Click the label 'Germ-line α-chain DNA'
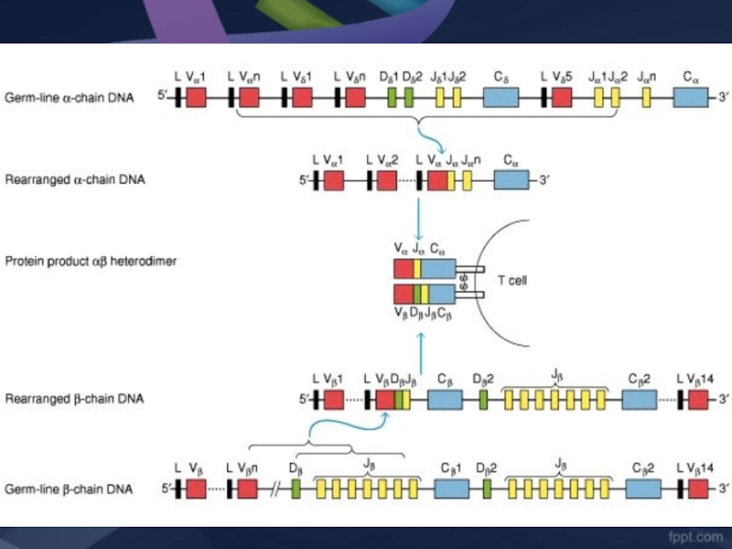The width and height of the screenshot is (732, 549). click(70, 98)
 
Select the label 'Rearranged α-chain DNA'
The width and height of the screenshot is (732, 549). click(74, 180)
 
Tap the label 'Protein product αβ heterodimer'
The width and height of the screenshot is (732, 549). click(91, 262)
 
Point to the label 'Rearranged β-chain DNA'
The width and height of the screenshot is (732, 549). click(74, 399)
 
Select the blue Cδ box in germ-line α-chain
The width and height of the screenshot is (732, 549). click(501, 98)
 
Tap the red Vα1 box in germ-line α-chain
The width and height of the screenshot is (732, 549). click(196, 98)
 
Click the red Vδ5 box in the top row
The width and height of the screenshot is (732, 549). click(561, 98)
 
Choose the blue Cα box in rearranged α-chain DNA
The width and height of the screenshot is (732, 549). click(511, 180)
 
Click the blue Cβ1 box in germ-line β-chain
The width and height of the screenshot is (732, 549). click(452, 490)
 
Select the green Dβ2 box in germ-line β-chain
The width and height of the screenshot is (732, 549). click(486, 490)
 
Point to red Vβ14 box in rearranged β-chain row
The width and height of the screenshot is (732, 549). click(698, 400)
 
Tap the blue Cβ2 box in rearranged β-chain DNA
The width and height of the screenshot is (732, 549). click(640, 400)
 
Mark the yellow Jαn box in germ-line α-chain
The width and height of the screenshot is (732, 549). click(646, 98)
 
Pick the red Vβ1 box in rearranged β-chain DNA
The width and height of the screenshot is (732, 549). click(333, 400)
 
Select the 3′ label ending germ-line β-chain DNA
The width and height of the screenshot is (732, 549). click(723, 490)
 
